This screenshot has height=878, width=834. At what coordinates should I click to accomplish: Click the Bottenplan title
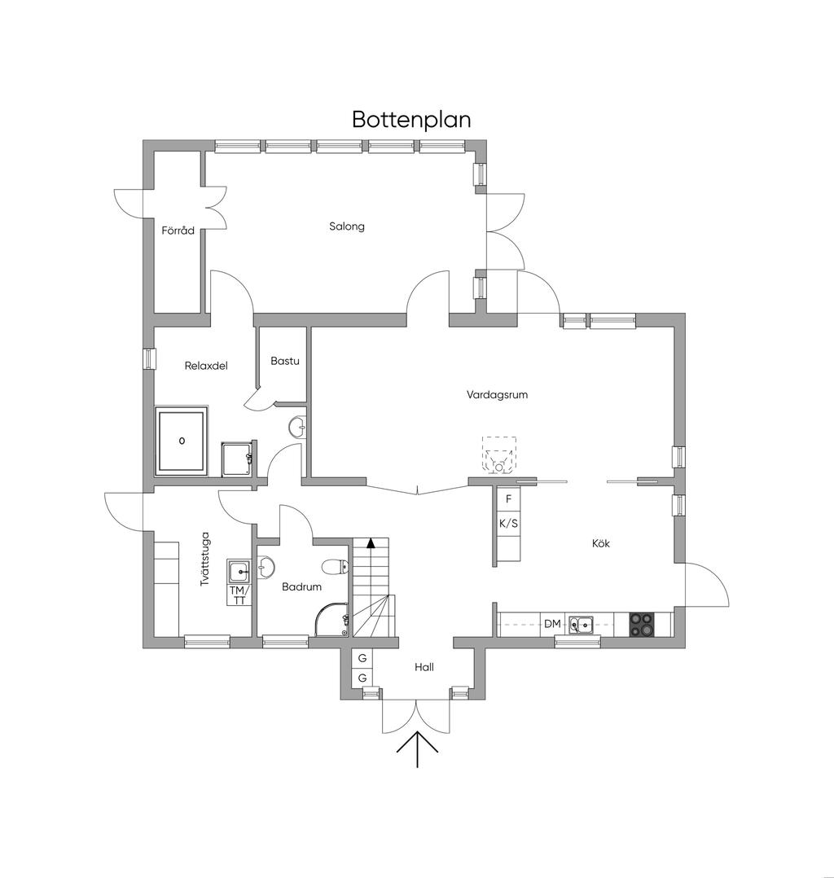(x=411, y=119)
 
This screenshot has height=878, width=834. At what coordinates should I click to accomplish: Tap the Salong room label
(x=347, y=226)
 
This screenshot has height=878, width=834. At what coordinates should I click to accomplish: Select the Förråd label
(x=178, y=230)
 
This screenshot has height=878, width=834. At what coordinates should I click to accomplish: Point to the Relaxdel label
(x=206, y=366)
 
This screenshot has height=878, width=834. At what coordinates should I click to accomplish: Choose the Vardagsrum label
(x=498, y=394)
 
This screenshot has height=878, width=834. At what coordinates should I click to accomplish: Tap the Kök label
(x=602, y=542)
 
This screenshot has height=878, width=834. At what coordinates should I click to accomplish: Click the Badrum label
(x=301, y=586)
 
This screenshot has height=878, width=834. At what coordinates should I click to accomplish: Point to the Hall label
(x=424, y=667)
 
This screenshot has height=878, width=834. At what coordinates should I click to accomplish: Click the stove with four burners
(x=642, y=624)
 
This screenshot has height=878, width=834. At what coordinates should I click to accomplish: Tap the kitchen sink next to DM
(x=581, y=625)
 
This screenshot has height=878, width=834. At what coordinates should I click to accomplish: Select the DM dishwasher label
(x=552, y=624)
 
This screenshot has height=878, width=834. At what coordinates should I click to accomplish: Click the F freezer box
(x=508, y=498)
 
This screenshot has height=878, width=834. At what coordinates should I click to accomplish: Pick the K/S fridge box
(x=508, y=524)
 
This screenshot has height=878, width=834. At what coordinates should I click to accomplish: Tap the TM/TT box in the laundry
(x=239, y=595)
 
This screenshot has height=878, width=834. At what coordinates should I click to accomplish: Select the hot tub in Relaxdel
(x=182, y=441)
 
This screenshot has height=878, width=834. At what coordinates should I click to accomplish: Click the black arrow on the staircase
(x=371, y=542)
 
